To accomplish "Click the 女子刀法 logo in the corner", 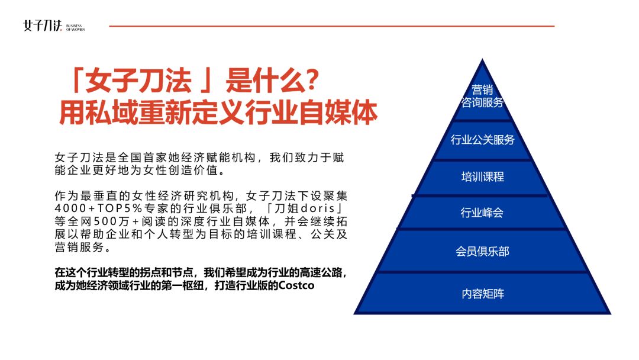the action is pos(43,26).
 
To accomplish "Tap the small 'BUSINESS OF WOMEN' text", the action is pos(75,28).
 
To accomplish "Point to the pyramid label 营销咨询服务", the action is pos(483,96).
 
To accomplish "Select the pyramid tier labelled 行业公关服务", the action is pos(483,140).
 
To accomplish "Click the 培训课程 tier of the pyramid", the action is pos(483,177).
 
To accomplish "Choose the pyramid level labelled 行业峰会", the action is pos(482,213).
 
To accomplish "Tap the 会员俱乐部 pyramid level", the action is pos(483,252).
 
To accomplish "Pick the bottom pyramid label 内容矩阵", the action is pos(483,294).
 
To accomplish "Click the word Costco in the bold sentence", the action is pos(296,285).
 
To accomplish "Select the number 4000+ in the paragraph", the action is pos(75,208).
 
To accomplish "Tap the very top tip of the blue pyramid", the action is pos(483,59).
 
